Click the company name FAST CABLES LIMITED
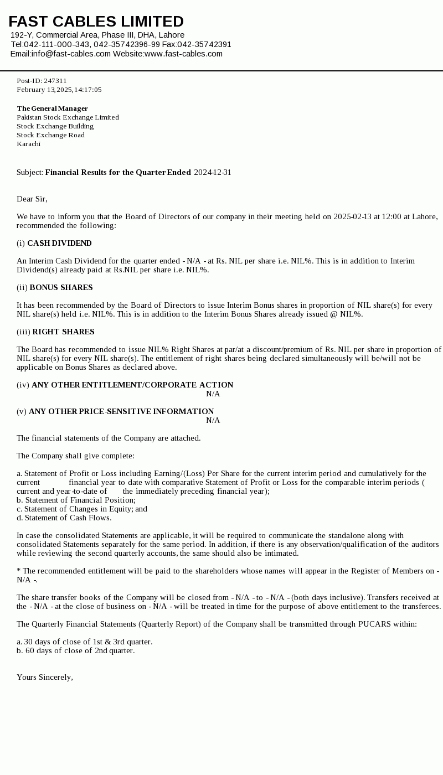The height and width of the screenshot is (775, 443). click(96, 22)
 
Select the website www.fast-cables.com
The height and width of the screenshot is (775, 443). click(183, 54)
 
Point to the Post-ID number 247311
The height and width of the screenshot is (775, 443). click(55, 81)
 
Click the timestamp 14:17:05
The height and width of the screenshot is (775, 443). click(88, 90)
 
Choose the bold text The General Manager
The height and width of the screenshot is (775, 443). click(52, 108)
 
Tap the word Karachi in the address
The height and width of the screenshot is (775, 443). click(28, 144)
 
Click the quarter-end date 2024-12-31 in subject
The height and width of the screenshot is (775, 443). click(213, 173)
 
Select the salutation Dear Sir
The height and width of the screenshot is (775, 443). click(32, 199)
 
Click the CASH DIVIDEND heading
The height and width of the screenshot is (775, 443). click(59, 244)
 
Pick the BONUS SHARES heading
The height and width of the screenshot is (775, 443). click(61, 288)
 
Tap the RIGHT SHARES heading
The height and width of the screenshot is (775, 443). click(63, 332)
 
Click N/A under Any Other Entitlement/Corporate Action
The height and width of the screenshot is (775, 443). click(213, 394)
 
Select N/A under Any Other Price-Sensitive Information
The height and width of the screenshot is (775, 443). click(213, 421)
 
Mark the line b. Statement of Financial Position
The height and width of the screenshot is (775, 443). click(76, 500)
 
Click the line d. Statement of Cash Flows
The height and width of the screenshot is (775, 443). click(64, 518)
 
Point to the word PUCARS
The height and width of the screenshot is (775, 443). click(374, 624)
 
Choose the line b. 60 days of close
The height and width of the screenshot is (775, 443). click(75, 651)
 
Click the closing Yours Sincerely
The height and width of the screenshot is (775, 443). click(44, 678)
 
